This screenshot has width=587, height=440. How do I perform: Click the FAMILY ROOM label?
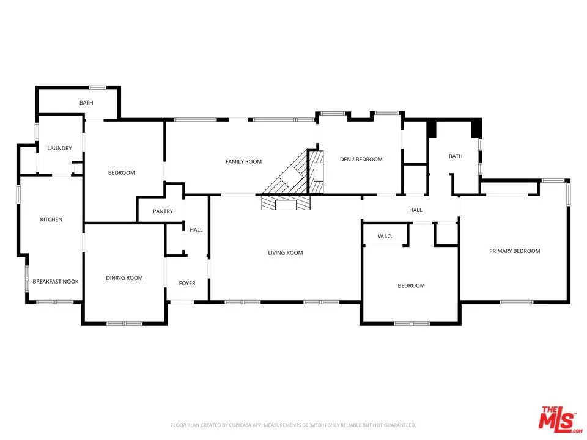click(x=243, y=161)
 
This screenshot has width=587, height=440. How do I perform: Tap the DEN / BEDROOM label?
click(x=361, y=159)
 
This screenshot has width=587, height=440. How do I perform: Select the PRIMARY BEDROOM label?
click(x=514, y=251)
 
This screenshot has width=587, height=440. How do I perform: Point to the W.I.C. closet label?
click(x=385, y=236)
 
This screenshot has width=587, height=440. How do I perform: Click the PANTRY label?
click(x=163, y=211)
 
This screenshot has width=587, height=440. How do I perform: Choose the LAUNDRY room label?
click(x=60, y=148)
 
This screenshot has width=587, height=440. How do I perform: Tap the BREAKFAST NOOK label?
click(x=56, y=281)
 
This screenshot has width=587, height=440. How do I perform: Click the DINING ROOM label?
click(x=124, y=278)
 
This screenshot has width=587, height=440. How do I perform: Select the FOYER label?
click(x=187, y=284)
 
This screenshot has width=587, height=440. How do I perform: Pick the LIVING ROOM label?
click(x=285, y=253)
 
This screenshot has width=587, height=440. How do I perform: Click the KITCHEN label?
click(x=51, y=219)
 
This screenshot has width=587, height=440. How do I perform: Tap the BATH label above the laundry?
click(x=86, y=103)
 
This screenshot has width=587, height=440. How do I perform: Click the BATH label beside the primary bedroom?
click(x=456, y=156)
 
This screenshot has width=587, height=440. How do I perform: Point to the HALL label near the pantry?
click(x=196, y=230)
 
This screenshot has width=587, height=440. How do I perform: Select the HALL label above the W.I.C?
click(x=416, y=210)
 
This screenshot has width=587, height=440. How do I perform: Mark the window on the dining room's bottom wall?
click(x=125, y=323)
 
